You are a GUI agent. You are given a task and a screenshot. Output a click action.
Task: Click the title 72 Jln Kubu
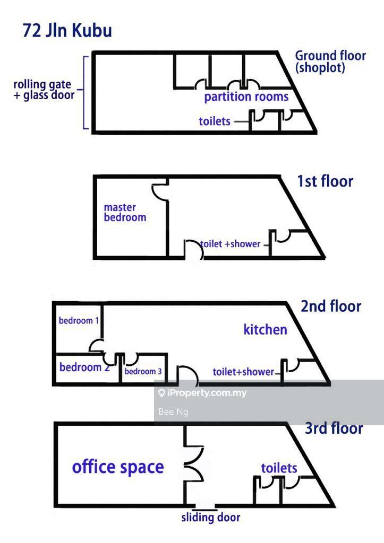[67, 30]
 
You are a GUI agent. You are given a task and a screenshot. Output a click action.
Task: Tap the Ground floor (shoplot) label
[330, 62]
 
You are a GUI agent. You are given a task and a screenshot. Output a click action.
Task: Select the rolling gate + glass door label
[44, 90]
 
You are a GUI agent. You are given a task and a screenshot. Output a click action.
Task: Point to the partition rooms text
[246, 97]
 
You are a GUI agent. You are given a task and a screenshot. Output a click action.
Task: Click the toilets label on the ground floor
[215, 121]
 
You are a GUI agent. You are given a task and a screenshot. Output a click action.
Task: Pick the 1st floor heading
[325, 181]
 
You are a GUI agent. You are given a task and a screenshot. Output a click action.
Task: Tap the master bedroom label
[125, 212]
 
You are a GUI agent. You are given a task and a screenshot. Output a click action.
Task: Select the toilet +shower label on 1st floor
[231, 244]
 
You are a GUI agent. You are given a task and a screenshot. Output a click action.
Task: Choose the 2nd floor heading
[330, 306]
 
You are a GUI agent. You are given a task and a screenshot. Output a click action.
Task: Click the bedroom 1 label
[79, 321]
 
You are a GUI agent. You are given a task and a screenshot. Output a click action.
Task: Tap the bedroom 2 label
[84, 367]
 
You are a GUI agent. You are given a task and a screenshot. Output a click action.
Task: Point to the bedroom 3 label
[143, 372]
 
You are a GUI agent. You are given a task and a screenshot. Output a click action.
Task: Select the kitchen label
[266, 330]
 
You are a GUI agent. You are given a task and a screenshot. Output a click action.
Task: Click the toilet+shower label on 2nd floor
[243, 372]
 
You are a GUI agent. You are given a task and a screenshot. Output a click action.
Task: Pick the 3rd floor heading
[334, 428]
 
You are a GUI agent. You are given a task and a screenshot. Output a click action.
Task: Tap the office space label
[118, 467]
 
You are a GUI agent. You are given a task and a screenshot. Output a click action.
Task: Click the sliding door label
[211, 518]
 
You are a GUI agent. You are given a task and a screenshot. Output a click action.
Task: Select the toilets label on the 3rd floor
[279, 468]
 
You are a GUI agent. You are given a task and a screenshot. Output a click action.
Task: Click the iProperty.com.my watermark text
[202, 393]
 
